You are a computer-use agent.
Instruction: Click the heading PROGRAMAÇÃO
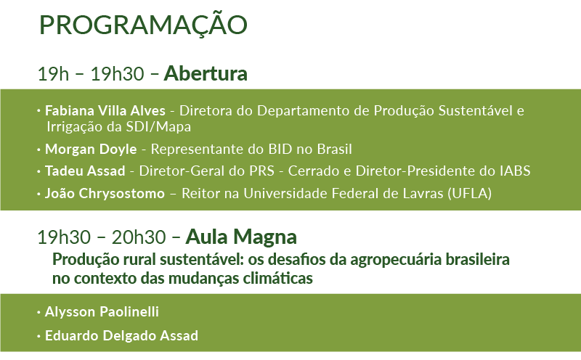point(143,24)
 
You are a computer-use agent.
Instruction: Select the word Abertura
point(206,73)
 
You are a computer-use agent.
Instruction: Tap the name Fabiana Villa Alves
point(105,110)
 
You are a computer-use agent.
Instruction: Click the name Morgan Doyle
point(91,149)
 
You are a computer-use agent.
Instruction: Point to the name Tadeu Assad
point(85,171)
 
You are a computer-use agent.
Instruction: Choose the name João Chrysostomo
point(105,193)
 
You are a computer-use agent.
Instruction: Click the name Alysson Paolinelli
point(102,312)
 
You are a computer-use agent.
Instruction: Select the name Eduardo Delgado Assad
point(121,335)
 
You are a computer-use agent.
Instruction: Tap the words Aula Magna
point(241,237)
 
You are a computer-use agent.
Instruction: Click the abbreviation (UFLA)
point(469,193)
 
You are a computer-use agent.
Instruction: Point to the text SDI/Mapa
point(158,127)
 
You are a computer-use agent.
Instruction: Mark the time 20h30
point(139,237)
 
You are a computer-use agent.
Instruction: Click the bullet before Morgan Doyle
point(39,150)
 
